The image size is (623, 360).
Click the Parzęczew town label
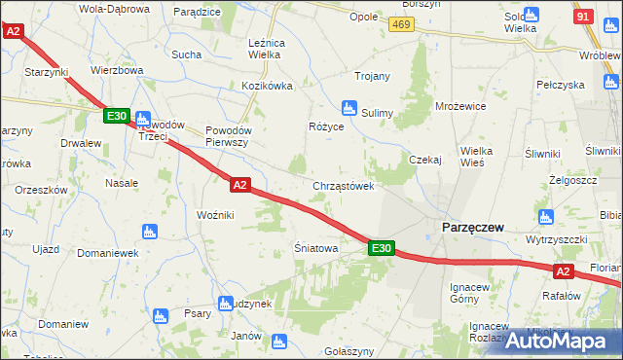tap(472, 227)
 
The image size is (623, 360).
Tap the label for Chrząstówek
tap(343, 186)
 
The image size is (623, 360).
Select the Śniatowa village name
tap(315, 249)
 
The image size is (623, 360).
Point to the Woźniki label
tap(214, 214)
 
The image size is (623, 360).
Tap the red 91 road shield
tap(582, 17)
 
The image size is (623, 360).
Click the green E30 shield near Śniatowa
tap(381, 249)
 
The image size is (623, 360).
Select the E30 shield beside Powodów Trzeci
tap(116, 117)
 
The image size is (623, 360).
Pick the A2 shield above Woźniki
tap(241, 183)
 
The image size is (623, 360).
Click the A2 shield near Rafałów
tap(563, 271)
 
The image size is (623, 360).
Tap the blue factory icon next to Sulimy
tap(348, 108)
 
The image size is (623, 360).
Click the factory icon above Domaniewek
tap(149, 232)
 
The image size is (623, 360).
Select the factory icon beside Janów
tap(279, 342)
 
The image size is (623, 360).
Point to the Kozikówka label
tap(268, 86)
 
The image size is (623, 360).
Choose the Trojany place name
tap(372, 76)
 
